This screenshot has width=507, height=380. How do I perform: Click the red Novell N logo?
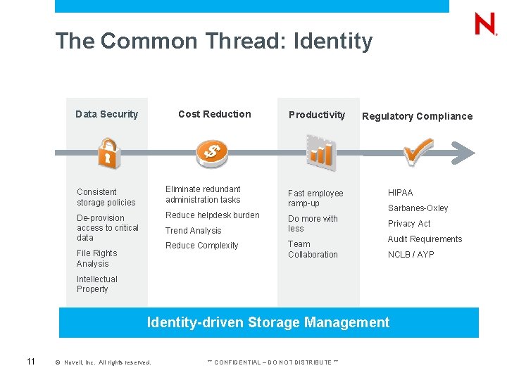[485, 25]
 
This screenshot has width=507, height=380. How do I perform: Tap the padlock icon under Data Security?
[107, 153]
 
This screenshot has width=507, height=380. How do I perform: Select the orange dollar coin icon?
[211, 150]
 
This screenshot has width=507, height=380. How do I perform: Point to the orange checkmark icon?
[418, 150]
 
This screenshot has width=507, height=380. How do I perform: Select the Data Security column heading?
[107, 114]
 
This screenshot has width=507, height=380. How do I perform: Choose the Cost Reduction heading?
[214, 114]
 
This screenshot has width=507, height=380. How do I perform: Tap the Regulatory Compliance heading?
[417, 116]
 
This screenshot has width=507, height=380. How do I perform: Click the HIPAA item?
[401, 192]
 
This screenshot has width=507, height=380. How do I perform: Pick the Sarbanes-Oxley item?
[418, 208]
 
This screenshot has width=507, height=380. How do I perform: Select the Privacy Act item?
[409, 224]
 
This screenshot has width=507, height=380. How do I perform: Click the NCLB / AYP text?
[411, 255]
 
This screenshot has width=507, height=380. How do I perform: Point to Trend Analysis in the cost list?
[193, 231]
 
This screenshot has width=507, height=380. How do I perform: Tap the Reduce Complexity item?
[201, 246]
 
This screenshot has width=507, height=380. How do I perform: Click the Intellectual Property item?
[96, 284]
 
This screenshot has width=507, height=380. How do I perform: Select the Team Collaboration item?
[313, 249]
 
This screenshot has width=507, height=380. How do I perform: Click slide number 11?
[31, 362]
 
